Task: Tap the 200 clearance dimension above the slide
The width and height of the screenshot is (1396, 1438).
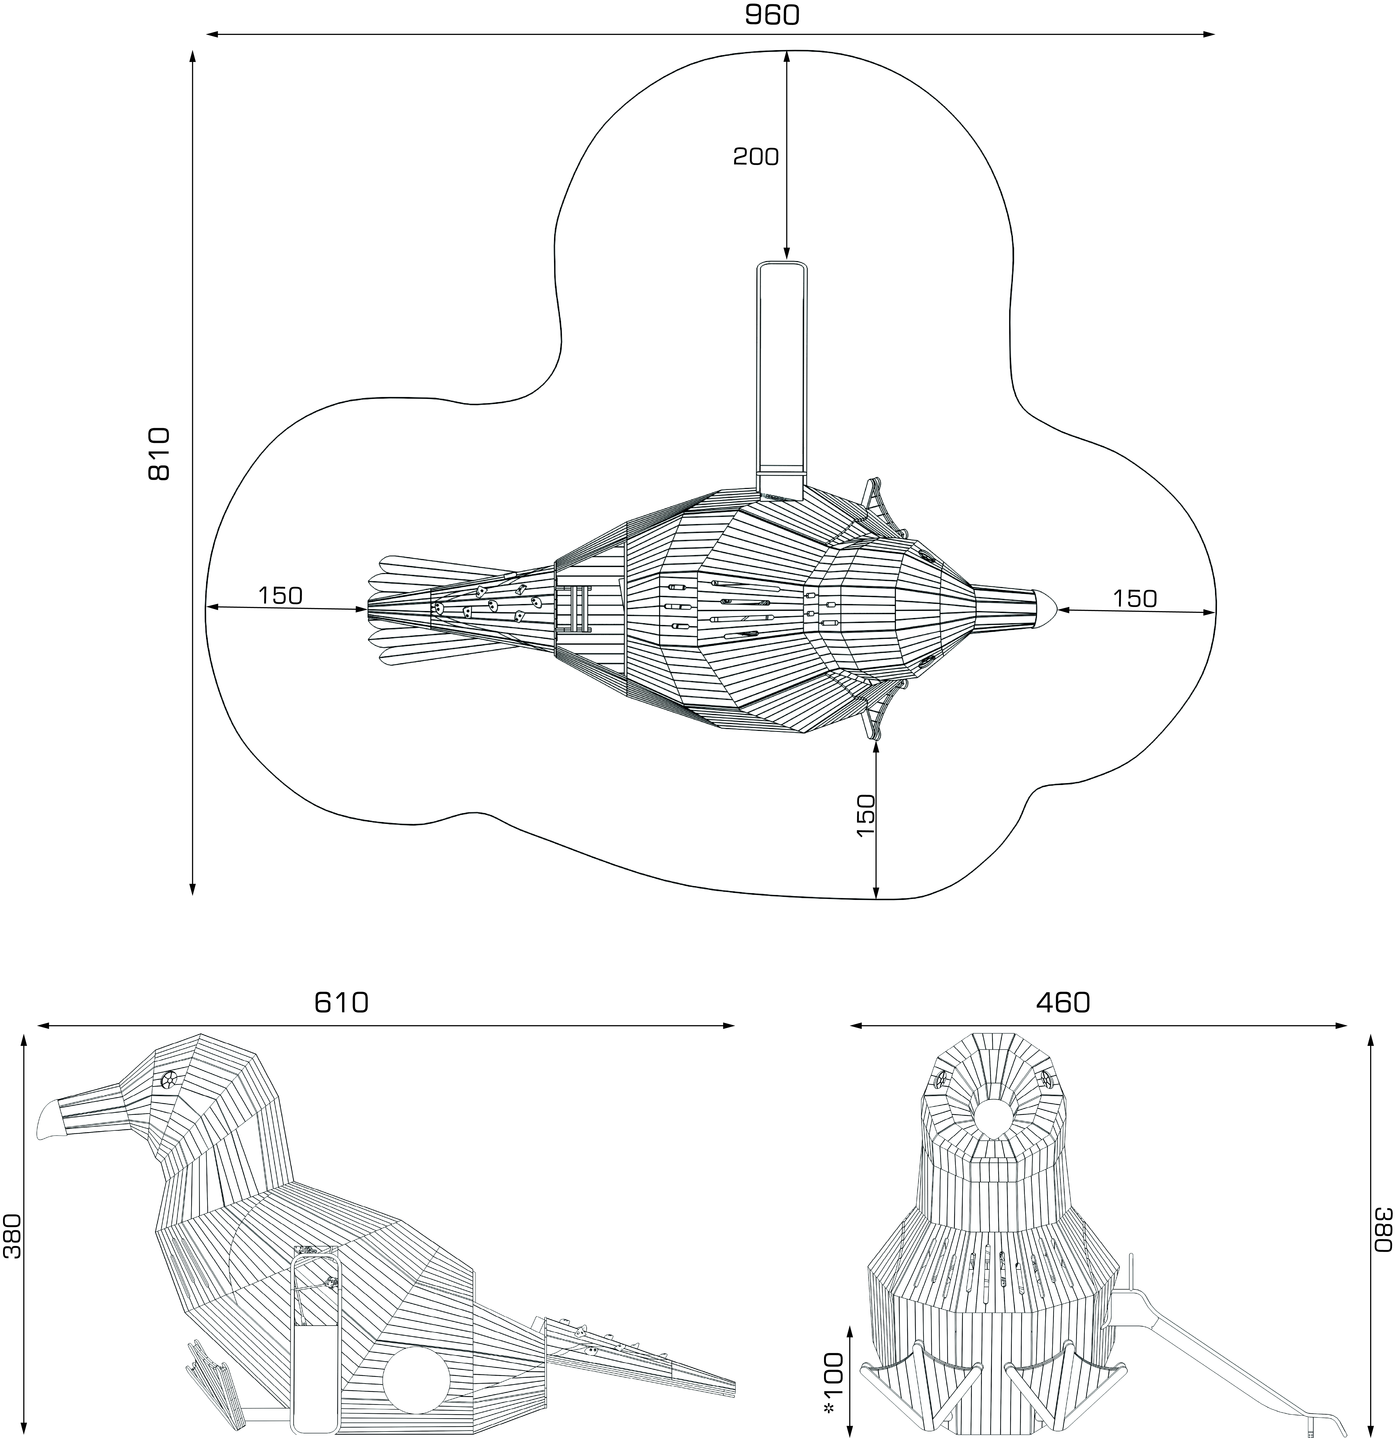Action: click(x=756, y=156)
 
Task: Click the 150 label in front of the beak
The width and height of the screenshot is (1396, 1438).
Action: click(x=1135, y=599)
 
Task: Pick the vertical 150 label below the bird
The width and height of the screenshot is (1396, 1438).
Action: click(x=866, y=816)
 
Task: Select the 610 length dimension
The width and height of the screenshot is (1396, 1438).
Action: click(x=341, y=1002)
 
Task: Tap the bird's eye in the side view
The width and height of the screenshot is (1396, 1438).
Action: click(x=169, y=1078)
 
